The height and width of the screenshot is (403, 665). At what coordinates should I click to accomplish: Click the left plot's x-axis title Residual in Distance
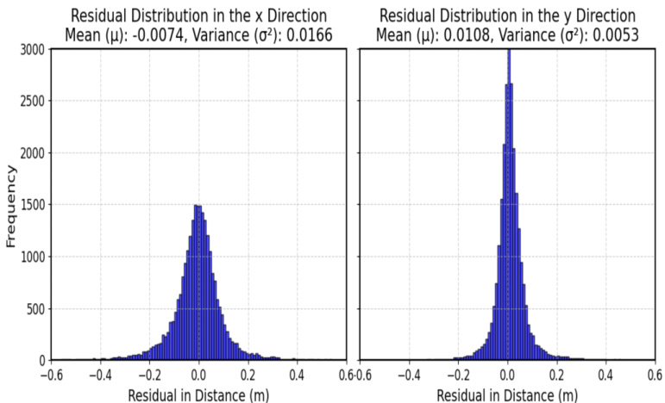tap(199, 395)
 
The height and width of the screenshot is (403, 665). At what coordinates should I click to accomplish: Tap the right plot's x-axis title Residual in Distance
tap(508, 395)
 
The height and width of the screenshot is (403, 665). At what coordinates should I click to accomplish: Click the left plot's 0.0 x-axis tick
tap(199, 375)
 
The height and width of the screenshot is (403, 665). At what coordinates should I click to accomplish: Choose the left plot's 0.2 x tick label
tap(248, 375)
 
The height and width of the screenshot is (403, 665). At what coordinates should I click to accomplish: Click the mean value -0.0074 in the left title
tap(163, 34)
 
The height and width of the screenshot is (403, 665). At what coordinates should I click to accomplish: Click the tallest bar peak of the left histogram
tap(198, 207)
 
